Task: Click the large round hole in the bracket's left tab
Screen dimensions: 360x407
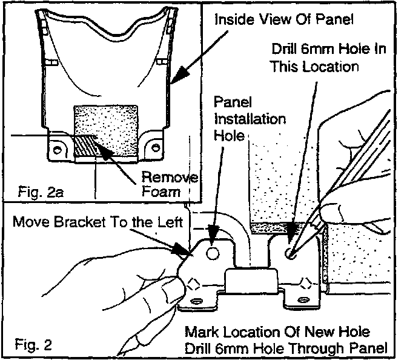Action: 212,251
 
